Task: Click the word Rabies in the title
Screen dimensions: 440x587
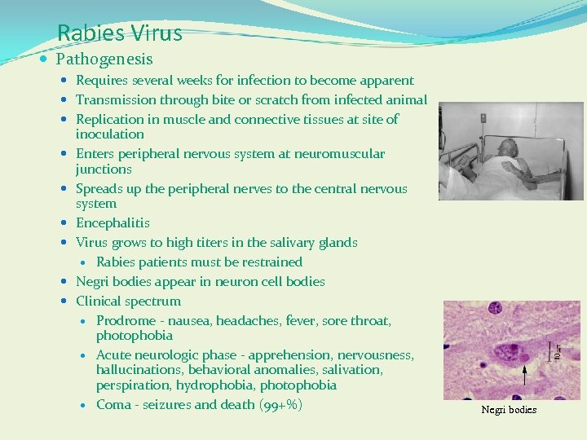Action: point(89,33)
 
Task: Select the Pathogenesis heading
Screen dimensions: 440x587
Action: point(104,59)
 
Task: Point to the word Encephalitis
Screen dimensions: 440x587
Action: point(113,223)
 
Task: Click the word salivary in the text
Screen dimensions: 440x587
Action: point(276,243)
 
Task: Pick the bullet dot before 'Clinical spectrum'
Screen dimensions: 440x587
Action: point(64,301)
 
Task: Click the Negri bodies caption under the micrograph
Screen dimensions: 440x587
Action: point(509,410)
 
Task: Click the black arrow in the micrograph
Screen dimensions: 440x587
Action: point(524,375)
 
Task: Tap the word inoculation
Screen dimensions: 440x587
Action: point(110,134)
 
